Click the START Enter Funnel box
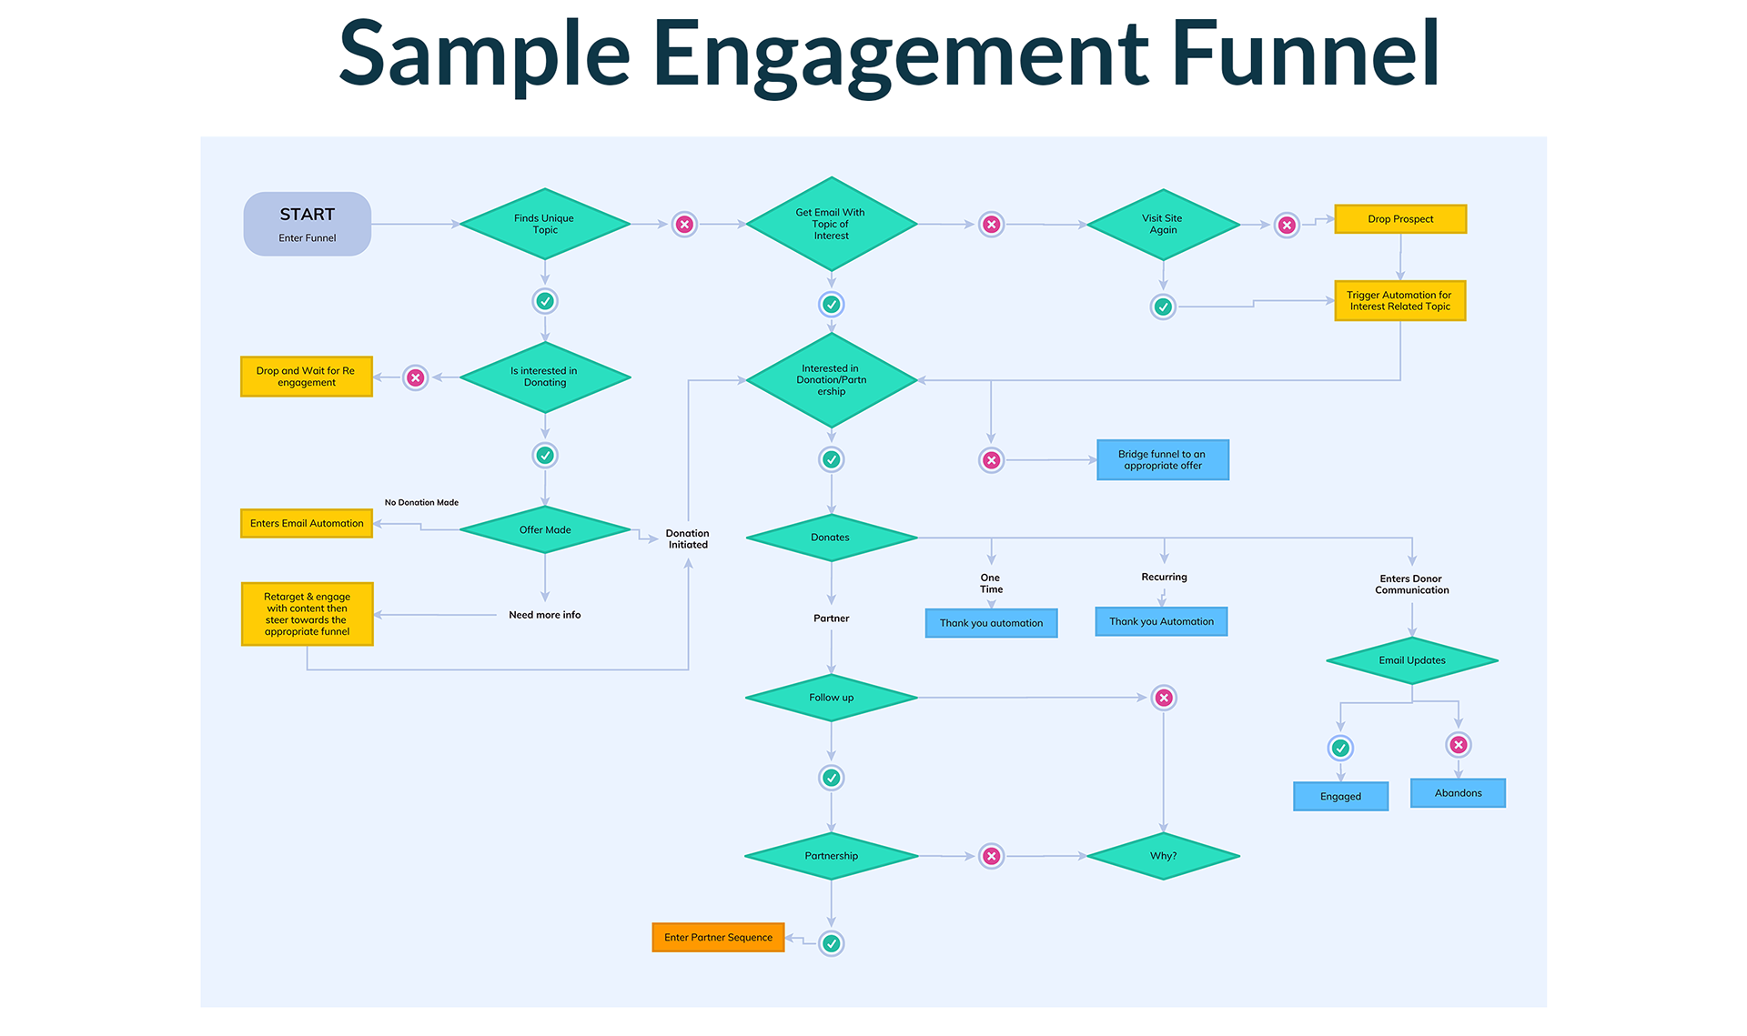pyautogui.click(x=307, y=224)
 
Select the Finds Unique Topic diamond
pyautogui.click(x=545, y=224)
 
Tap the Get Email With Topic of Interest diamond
pyautogui.click(x=831, y=224)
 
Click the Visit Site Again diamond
pyautogui.click(x=1163, y=224)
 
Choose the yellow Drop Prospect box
pyautogui.click(x=1400, y=219)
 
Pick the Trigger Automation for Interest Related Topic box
pyautogui.click(x=1400, y=301)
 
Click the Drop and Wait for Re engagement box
pyautogui.click(x=307, y=377)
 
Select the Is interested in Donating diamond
pyautogui.click(x=545, y=377)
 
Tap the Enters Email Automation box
pyautogui.click(x=307, y=524)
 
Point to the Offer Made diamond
pyautogui.click(x=545, y=529)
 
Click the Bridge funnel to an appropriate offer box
pyautogui.click(x=1163, y=460)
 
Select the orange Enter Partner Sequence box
pyautogui.click(x=718, y=938)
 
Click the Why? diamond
pyautogui.click(x=1163, y=856)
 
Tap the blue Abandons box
pyautogui.click(x=1458, y=793)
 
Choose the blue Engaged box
pyautogui.click(x=1340, y=797)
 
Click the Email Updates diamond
pyautogui.click(x=1411, y=660)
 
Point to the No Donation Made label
pyautogui.click(x=421, y=502)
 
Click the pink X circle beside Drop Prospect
pyautogui.click(x=1287, y=225)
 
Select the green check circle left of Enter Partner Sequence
pyautogui.click(x=831, y=943)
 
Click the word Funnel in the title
pyautogui.click(x=1305, y=55)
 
